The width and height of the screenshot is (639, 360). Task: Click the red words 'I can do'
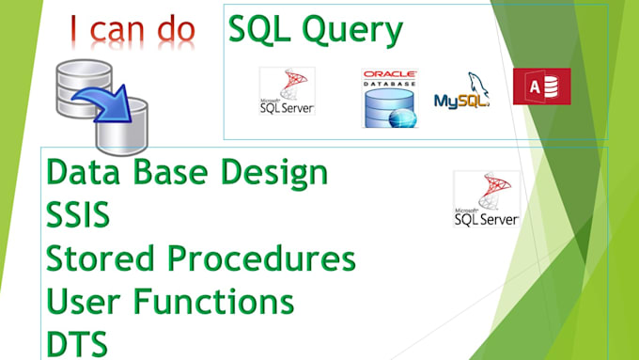coord(131,30)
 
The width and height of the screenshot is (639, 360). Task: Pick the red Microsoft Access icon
coord(541,86)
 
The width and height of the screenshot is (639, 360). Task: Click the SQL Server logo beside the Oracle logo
coord(287,92)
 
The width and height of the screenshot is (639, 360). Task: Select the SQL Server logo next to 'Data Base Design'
coord(486,198)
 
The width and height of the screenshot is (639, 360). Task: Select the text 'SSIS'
coord(78,215)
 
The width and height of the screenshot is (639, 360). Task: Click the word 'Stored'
coord(93,258)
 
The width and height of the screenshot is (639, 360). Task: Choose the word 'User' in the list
coord(81,301)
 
